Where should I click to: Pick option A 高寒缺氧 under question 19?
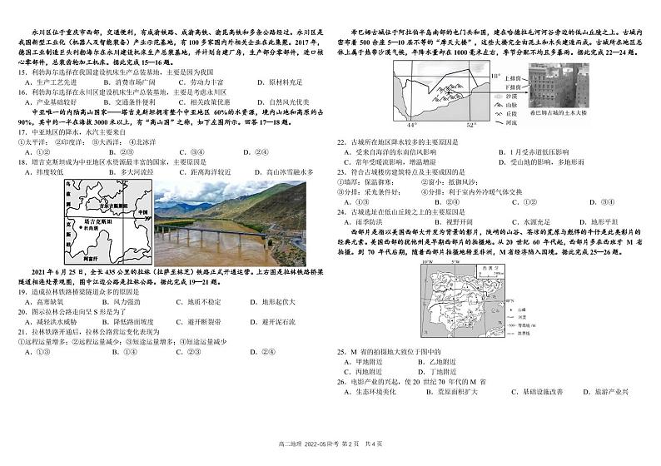pyautogui.click(x=48, y=301)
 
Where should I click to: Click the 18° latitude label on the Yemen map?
pyautogui.click(x=495, y=76)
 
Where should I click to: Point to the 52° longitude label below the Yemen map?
pyautogui.click(x=470, y=126)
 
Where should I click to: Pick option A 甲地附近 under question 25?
pyautogui.click(x=366, y=362)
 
